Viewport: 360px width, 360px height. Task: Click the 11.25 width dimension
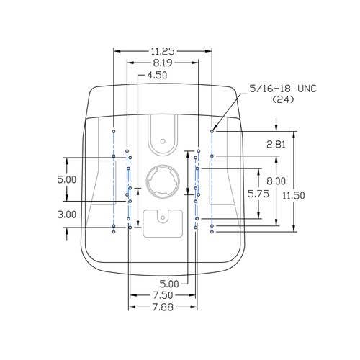pos(163,51)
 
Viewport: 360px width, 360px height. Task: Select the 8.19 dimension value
pos(163,63)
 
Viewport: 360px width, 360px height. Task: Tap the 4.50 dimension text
pos(157,75)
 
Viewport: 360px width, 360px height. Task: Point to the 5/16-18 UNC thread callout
pos(283,89)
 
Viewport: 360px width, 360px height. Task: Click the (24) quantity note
pos(283,99)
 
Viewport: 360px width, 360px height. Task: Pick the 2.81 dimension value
pos(276,145)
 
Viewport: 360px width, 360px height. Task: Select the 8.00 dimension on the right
pos(276,181)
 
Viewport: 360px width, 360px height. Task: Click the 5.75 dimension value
pos(258,194)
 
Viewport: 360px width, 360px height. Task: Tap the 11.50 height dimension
pos(294,196)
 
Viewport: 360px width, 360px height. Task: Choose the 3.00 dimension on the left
pos(67,215)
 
